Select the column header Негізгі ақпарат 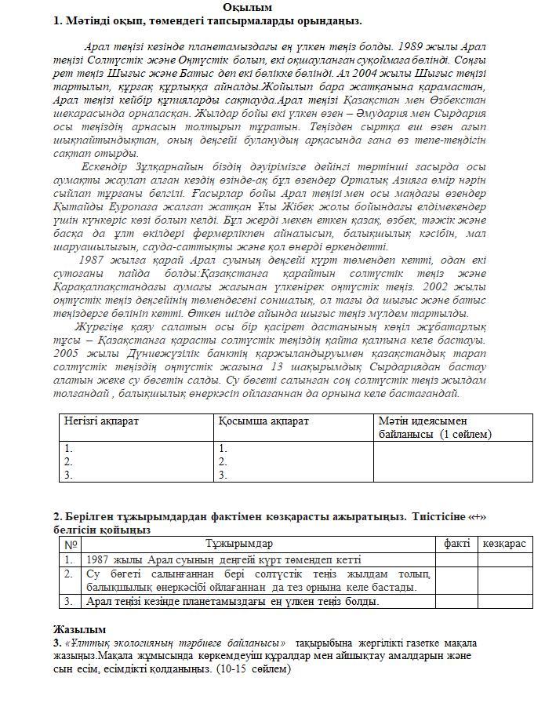coord(102,421)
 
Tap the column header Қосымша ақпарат coord(264,421)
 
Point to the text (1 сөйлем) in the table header coord(466,434)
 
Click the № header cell coord(71,544)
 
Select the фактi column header coord(456,544)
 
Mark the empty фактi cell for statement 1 coord(456,559)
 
